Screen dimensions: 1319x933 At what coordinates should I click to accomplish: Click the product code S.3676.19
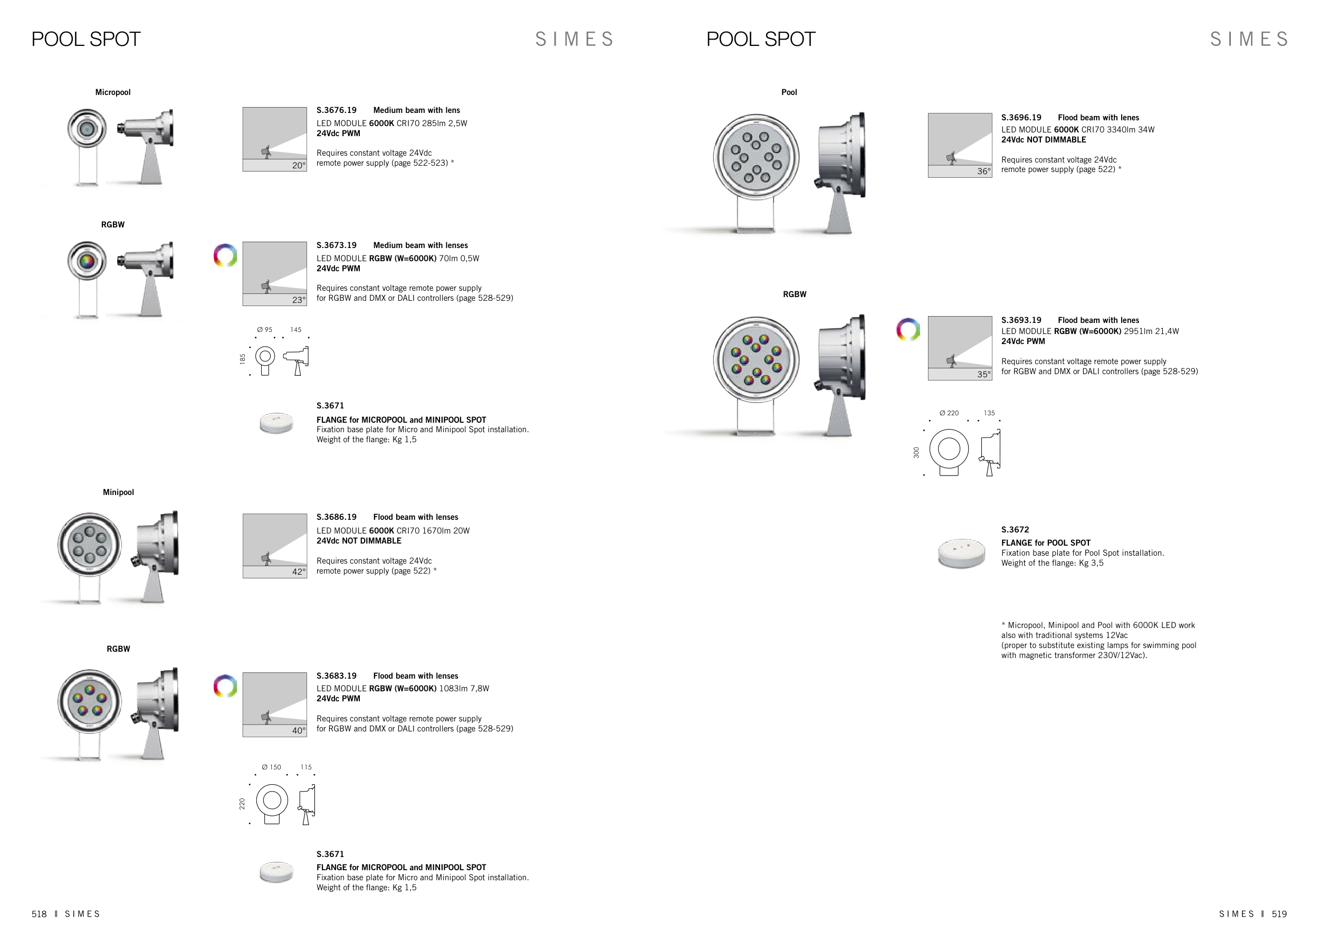[336, 110]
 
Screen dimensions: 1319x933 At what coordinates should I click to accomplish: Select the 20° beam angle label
[299, 166]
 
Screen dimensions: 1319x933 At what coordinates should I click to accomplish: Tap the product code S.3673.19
[336, 245]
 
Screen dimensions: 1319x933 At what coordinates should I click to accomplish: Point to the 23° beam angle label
[299, 300]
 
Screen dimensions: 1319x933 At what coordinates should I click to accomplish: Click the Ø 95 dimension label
[265, 330]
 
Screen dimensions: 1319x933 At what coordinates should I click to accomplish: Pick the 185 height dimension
[242, 358]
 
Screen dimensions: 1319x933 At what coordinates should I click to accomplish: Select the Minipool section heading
[118, 492]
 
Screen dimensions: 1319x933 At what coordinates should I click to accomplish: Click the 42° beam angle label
[299, 572]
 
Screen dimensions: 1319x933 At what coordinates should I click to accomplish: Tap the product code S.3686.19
[336, 517]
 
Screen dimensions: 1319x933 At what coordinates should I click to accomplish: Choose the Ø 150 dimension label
[271, 767]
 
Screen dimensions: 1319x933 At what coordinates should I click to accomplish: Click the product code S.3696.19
[1021, 118]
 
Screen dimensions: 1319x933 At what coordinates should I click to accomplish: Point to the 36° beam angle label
[984, 171]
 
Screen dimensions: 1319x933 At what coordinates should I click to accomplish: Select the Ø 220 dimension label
[949, 413]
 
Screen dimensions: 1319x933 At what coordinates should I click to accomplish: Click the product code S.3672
[1015, 530]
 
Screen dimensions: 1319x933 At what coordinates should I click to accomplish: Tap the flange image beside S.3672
[962, 553]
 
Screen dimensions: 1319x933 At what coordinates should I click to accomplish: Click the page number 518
[39, 914]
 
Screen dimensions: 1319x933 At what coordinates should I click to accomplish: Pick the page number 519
[1279, 914]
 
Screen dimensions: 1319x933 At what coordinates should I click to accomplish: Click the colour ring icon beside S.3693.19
[908, 329]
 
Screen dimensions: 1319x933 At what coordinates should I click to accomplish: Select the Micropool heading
[112, 92]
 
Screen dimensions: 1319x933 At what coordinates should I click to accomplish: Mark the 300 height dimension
[916, 453]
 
